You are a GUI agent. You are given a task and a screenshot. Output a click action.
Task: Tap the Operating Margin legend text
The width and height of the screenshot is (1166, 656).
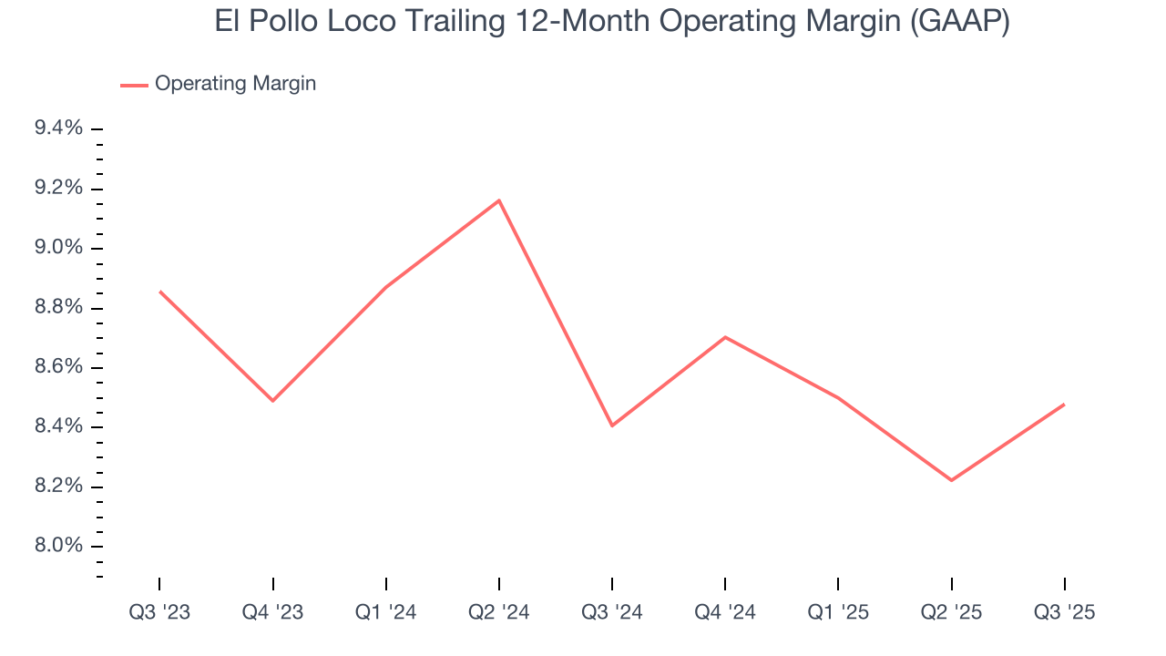(x=235, y=84)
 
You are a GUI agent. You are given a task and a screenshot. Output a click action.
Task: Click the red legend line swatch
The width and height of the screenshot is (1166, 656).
(x=134, y=85)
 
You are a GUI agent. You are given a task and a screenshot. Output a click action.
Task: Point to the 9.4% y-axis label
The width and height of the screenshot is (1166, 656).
(x=58, y=128)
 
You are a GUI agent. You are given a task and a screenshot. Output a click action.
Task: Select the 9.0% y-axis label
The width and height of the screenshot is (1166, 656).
(x=58, y=248)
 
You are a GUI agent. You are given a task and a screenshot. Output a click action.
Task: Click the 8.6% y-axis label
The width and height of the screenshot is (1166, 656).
(x=58, y=367)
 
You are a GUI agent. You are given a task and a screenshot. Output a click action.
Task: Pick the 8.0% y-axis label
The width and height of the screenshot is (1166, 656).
(x=58, y=546)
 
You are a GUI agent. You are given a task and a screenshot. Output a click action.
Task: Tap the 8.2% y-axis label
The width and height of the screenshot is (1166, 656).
(x=58, y=487)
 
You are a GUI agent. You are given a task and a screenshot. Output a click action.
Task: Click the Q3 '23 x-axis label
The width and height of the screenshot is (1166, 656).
(x=159, y=612)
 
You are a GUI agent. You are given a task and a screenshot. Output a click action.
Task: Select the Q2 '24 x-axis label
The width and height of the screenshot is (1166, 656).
(x=499, y=612)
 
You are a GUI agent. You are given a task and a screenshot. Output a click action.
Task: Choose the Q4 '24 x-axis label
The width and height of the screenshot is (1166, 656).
(x=725, y=612)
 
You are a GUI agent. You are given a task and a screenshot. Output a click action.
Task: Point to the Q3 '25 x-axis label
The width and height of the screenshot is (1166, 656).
(x=1065, y=612)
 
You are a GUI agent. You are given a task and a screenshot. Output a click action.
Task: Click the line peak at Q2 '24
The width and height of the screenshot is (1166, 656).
(x=499, y=200)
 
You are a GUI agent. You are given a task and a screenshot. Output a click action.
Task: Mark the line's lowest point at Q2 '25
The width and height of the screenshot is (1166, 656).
(x=951, y=480)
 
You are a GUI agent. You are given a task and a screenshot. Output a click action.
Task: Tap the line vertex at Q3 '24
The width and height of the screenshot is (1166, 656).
(x=612, y=425)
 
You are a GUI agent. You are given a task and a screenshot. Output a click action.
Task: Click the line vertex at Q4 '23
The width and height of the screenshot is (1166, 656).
(x=273, y=401)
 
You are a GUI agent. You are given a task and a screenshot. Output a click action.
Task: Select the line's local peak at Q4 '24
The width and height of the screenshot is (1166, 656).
(x=725, y=337)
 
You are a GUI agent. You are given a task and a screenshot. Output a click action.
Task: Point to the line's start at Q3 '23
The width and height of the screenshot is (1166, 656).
(x=160, y=292)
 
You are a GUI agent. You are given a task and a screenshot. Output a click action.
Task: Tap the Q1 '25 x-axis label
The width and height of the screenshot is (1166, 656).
(x=838, y=612)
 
